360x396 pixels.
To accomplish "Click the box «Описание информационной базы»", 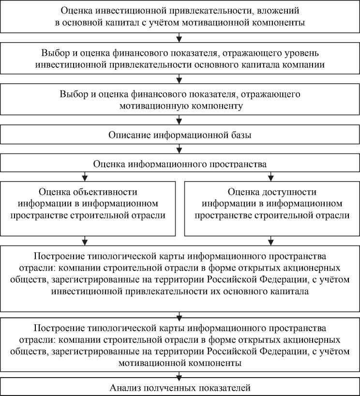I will point(180,135).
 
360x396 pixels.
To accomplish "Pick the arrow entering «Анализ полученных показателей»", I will point(180,376).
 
